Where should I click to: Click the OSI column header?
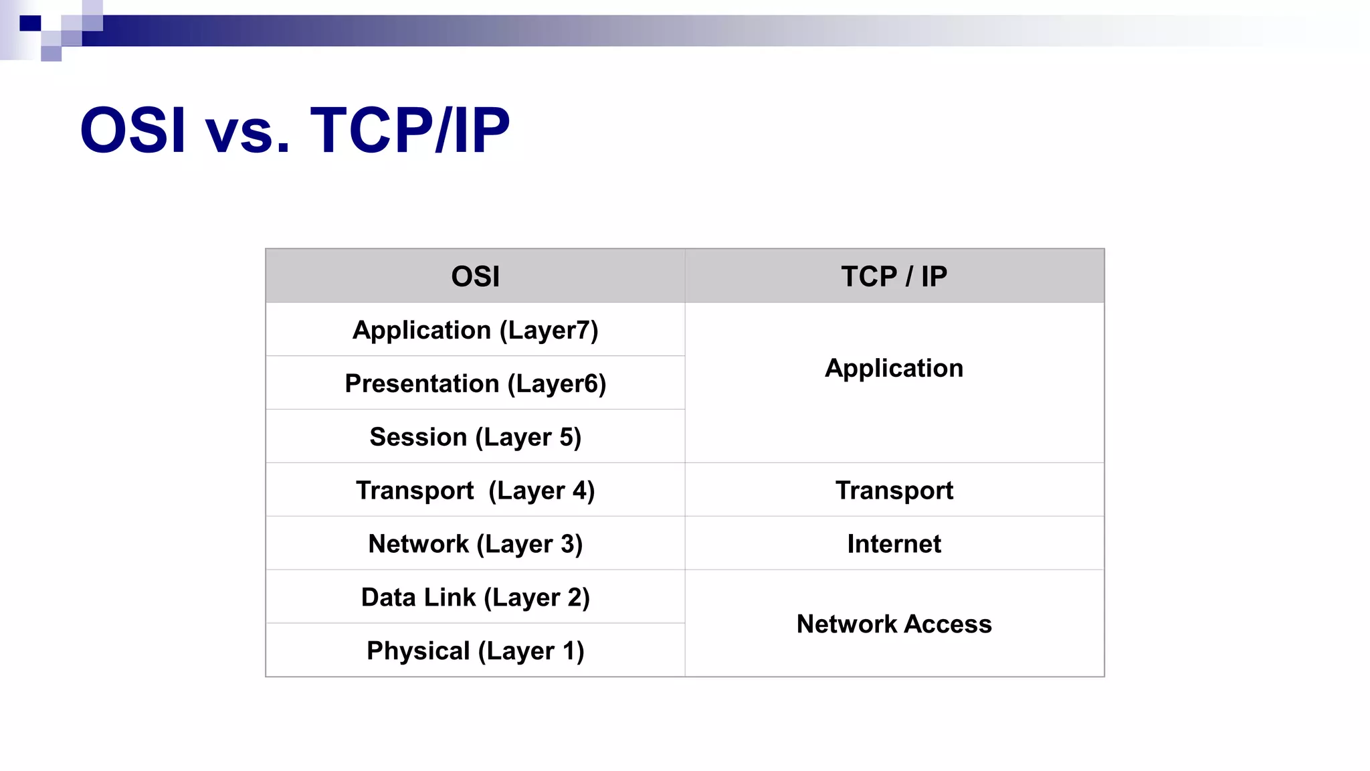tap(475, 276)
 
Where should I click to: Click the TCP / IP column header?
tap(894, 276)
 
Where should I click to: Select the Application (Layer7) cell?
tap(475, 330)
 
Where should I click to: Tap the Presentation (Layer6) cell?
tap(475, 383)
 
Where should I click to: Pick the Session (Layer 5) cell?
tap(475, 437)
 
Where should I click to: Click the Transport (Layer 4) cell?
tap(475, 491)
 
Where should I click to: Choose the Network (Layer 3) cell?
tap(475, 544)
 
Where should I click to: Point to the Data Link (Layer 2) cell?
tap(475, 598)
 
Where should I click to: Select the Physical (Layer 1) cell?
tap(475, 651)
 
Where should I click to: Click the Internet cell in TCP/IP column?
tap(894, 544)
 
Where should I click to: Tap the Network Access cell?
tap(894, 624)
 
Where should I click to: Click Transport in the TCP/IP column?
tap(894, 491)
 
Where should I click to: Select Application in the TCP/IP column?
tap(894, 368)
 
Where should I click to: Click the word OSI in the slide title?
tap(132, 130)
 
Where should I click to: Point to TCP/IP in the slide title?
tap(409, 130)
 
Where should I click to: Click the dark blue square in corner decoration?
tap(30, 23)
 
